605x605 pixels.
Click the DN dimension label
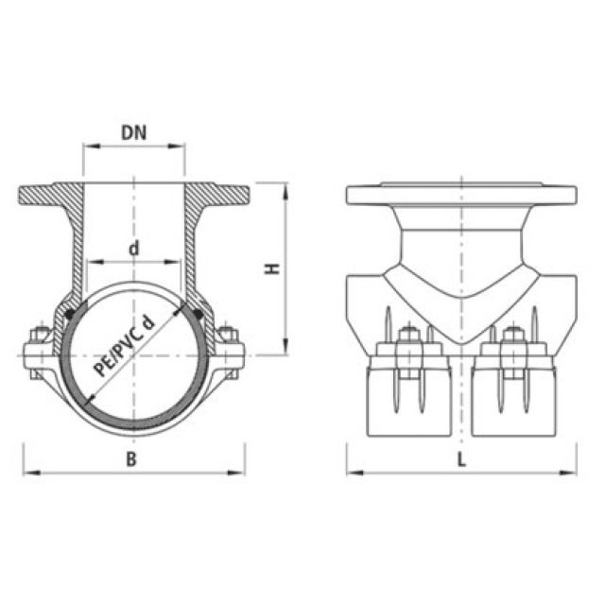point(133,133)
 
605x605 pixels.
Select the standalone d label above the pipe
point(134,250)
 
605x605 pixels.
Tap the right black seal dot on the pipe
point(197,305)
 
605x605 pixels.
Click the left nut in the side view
point(408,336)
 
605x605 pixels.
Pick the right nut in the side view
point(514,336)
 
